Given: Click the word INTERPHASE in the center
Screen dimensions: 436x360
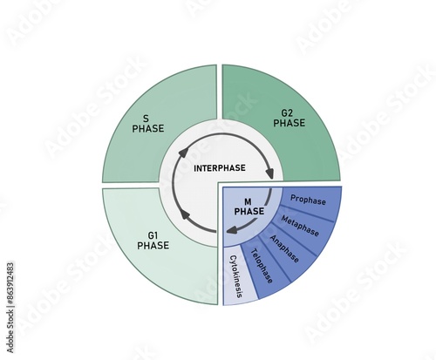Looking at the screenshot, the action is coord(220,168).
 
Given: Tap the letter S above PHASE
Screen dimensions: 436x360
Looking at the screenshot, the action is coord(146,119).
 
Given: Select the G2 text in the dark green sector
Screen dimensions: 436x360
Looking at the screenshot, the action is coord(287,113).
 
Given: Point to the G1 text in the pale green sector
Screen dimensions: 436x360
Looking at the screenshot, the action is coord(153,235).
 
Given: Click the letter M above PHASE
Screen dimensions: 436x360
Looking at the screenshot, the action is coord(248,201).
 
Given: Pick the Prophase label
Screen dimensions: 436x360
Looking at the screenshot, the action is coord(308,200).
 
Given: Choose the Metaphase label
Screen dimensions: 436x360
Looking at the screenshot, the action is coord(300,226).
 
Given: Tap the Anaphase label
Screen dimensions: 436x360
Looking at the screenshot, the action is coord(284,248).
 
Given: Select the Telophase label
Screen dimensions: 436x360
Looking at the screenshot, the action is coord(262,266).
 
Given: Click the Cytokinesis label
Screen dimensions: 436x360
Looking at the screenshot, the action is coord(235,276).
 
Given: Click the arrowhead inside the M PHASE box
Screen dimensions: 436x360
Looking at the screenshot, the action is coord(231,231).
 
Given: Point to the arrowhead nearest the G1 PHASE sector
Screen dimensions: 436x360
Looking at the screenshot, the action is coord(186,216).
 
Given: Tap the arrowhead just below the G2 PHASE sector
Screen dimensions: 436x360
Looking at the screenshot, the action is coord(269,174).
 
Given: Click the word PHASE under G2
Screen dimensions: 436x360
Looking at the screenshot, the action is coord(290,123).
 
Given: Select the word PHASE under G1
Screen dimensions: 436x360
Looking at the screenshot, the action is coord(153,246).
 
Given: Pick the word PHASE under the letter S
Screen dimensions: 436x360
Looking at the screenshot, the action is coord(148,128).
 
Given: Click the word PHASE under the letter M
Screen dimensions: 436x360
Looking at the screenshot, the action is coord(249,211).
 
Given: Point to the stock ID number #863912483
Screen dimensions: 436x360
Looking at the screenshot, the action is coord(10,283).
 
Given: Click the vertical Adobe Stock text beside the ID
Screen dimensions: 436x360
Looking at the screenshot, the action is coord(10,332).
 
